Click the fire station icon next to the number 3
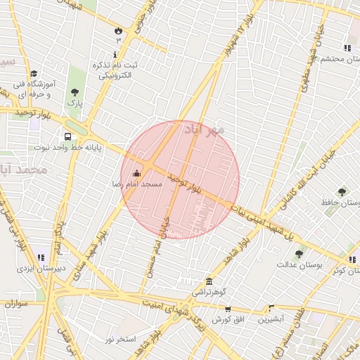pyautogui.click(x=118, y=31)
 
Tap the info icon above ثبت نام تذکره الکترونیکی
pyautogui.click(x=115, y=54)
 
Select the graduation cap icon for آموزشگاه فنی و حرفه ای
pyautogui.click(x=34, y=73)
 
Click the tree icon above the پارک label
pyautogui.click(x=75, y=92)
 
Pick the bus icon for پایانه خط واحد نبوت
pyautogui.click(x=67, y=136)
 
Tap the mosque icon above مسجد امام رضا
pyautogui.click(x=136, y=173)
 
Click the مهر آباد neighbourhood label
pyautogui.click(x=204, y=130)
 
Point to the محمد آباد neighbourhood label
pyautogui.click(x=24, y=170)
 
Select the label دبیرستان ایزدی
pyautogui.click(x=41, y=268)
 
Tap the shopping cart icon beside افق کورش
pyautogui.click(x=227, y=309)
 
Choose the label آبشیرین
pyautogui.click(x=269, y=319)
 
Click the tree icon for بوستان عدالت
pyautogui.click(x=299, y=254)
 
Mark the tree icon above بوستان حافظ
pyautogui.click(x=342, y=191)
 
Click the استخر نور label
pyautogui.click(x=119, y=340)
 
